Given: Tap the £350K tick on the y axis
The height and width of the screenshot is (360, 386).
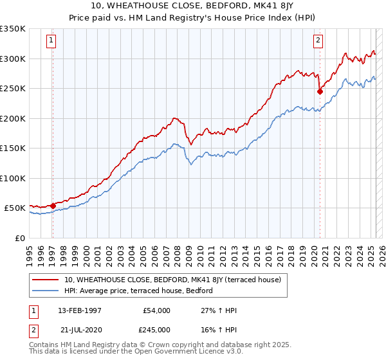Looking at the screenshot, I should pyautogui.click(x=13, y=29).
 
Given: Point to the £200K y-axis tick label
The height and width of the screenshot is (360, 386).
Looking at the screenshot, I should pyautogui.click(x=13, y=118).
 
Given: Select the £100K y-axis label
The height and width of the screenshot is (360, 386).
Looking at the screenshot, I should pyautogui.click(x=13, y=178).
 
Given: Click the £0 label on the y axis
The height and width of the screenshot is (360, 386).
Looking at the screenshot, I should pyautogui.click(x=20, y=238).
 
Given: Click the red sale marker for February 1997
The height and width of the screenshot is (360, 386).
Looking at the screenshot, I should pyautogui.click(x=53, y=206).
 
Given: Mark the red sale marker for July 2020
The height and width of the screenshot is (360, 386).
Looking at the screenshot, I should pyautogui.click(x=320, y=92).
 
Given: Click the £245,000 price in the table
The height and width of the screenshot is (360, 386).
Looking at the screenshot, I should pyautogui.click(x=156, y=328).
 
